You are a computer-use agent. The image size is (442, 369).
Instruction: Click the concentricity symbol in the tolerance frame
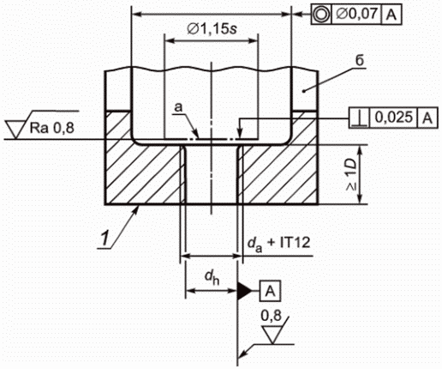(321, 14)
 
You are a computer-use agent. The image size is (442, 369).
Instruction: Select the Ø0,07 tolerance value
(356, 14)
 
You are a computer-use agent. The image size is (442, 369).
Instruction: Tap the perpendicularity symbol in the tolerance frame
(359, 118)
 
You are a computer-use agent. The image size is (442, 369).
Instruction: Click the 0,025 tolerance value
(394, 118)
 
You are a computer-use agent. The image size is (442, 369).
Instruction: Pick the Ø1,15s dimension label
(212, 28)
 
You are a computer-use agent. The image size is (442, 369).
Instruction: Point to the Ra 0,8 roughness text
(51, 128)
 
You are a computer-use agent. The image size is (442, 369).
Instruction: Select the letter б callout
(360, 60)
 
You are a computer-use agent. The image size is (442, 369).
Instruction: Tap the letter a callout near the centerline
(178, 107)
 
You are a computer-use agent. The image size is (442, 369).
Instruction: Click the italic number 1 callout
(105, 239)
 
